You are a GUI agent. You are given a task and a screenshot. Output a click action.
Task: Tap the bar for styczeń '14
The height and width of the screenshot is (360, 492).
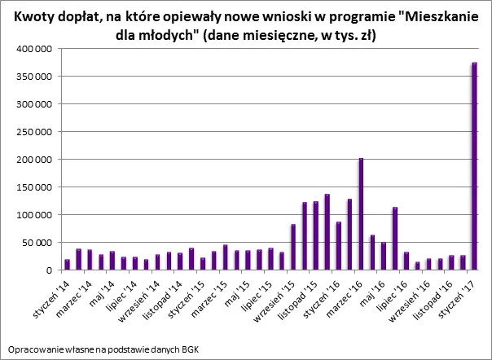tap(67, 265)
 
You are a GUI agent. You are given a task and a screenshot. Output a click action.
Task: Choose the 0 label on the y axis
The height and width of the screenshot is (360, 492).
tap(50, 270)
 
